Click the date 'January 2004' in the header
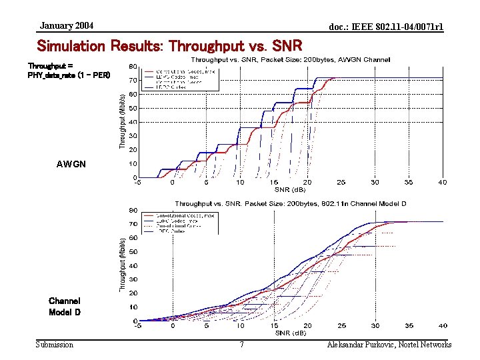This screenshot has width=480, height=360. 67,26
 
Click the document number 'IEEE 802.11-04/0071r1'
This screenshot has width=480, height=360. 386,27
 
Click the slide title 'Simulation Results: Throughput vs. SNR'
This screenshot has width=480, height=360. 170,46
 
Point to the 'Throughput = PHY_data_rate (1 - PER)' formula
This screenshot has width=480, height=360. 69,71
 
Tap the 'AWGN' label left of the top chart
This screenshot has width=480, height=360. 71,164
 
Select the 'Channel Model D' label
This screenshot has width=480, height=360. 65,307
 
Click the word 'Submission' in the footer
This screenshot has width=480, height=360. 55,345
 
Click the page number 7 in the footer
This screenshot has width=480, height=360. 241,345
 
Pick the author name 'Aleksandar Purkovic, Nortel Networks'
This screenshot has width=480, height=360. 389,345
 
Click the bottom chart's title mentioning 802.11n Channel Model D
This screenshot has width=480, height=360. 291,203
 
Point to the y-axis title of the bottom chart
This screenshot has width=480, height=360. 122,265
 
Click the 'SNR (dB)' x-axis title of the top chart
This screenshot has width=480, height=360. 291,189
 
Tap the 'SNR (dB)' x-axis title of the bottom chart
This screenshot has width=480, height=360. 291,333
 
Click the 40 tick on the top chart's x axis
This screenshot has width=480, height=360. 443,182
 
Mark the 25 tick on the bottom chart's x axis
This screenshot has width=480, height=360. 341,326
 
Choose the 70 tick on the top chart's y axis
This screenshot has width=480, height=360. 133,80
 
